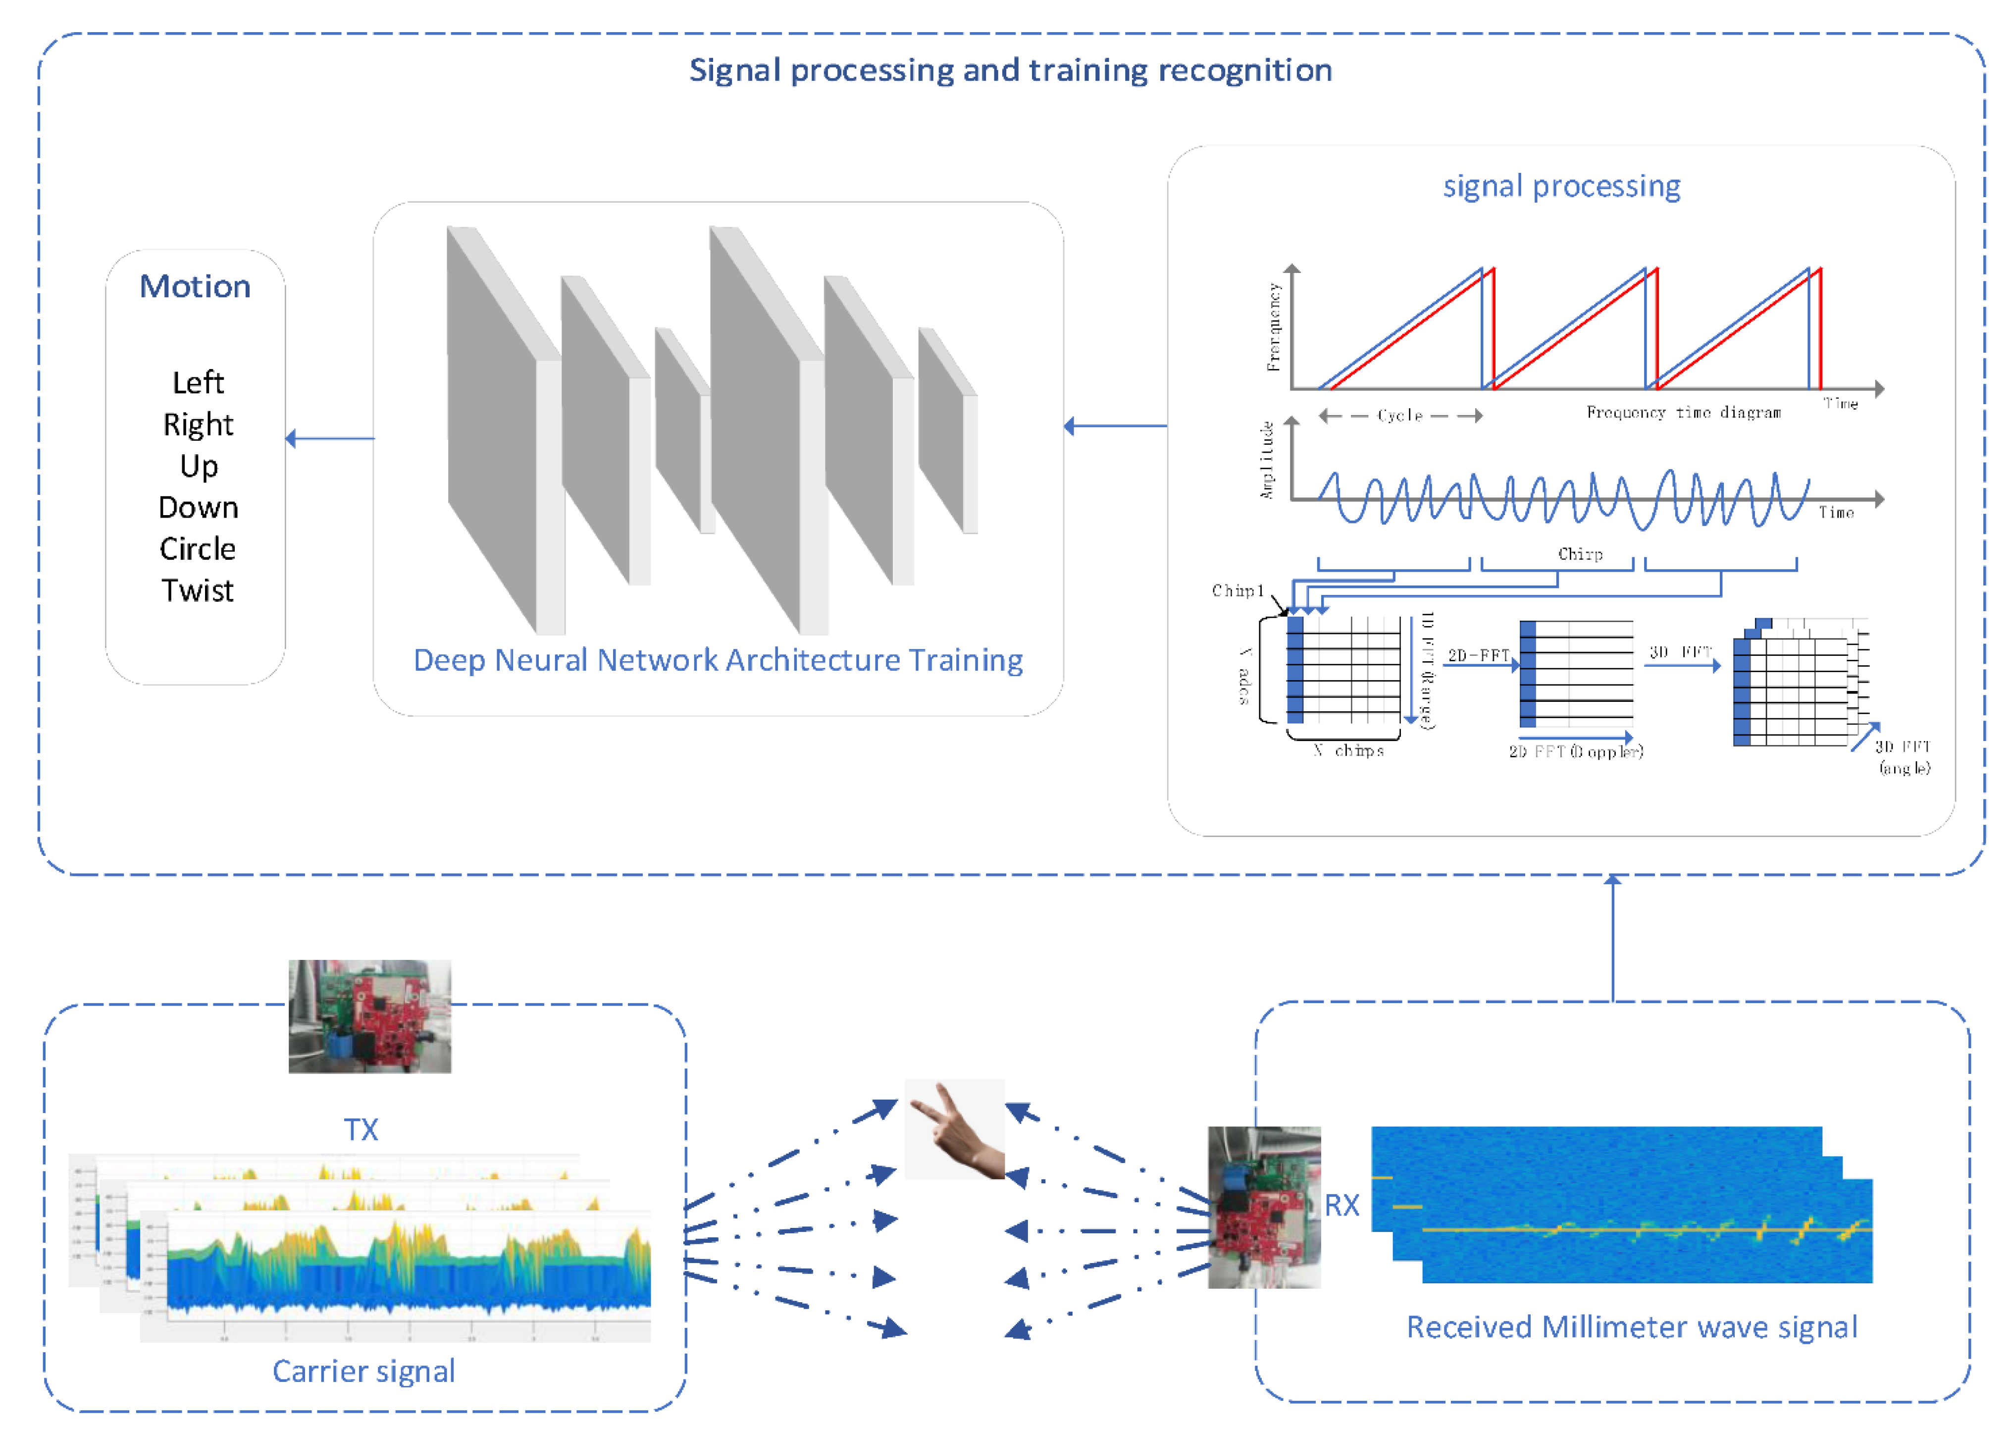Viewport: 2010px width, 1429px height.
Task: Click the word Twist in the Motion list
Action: point(197,590)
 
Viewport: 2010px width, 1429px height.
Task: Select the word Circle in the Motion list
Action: point(197,549)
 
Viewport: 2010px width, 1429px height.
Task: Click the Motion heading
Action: point(195,287)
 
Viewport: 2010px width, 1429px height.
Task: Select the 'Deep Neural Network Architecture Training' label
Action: point(718,660)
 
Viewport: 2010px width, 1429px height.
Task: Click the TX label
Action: point(361,1130)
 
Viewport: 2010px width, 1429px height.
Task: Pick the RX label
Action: point(1341,1206)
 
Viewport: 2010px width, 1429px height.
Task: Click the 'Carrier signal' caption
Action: point(363,1371)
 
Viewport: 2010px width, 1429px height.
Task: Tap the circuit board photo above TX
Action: point(369,1016)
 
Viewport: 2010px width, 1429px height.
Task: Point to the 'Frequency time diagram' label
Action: point(1683,413)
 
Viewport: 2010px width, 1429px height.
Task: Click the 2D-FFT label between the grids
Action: point(1478,655)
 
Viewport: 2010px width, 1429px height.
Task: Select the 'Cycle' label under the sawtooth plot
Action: point(1399,415)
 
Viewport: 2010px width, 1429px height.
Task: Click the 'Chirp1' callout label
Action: point(1237,590)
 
